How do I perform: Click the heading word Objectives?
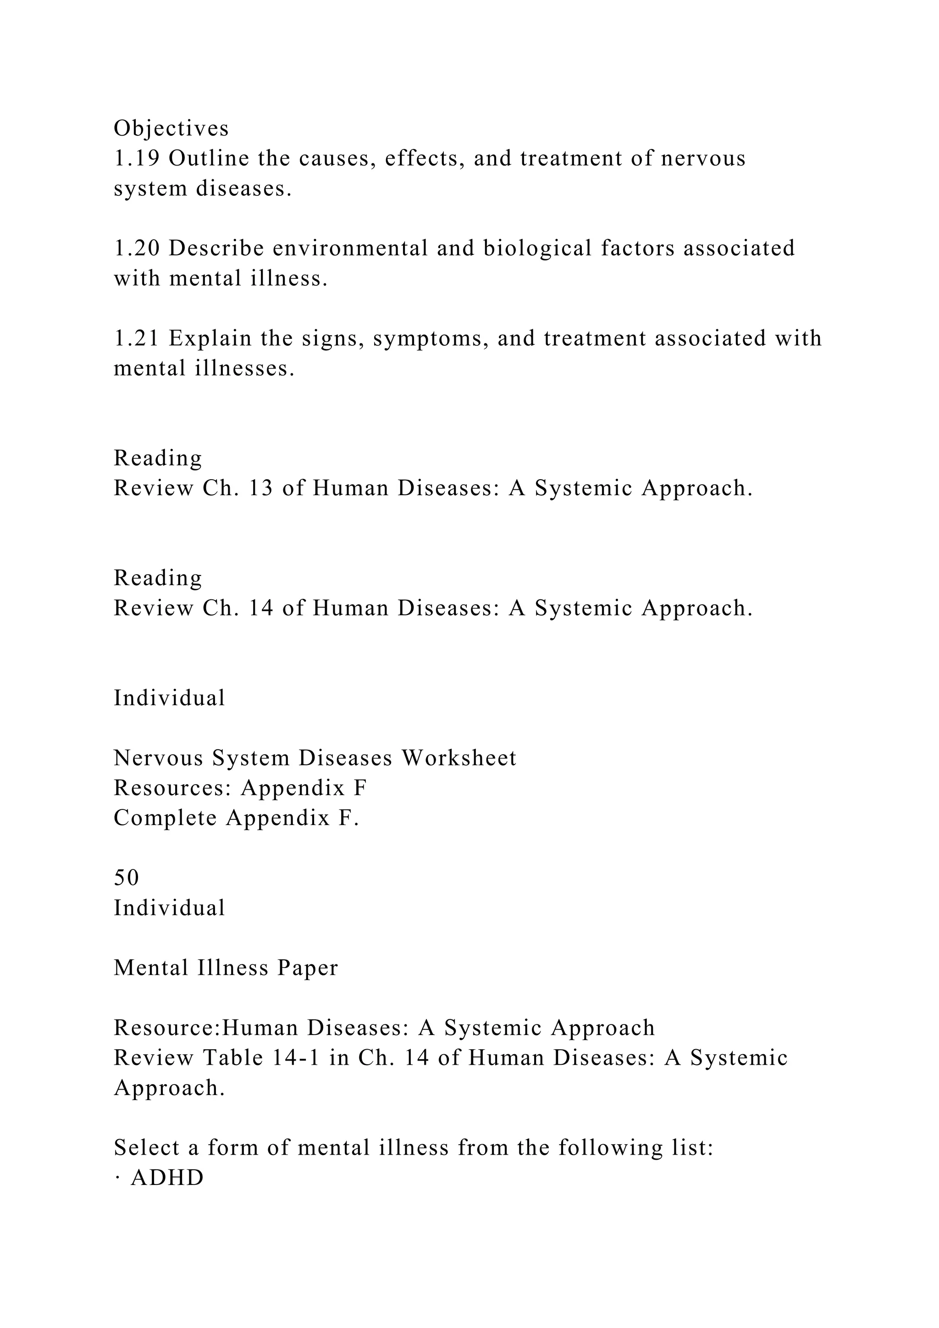coord(171,128)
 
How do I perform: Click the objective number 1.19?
coord(137,159)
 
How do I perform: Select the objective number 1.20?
coord(137,248)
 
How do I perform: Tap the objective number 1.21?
coord(137,338)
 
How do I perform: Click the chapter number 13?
coord(260,488)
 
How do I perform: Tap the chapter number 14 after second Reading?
coord(260,608)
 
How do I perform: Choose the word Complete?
coord(165,819)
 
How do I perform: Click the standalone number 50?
coord(126,878)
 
